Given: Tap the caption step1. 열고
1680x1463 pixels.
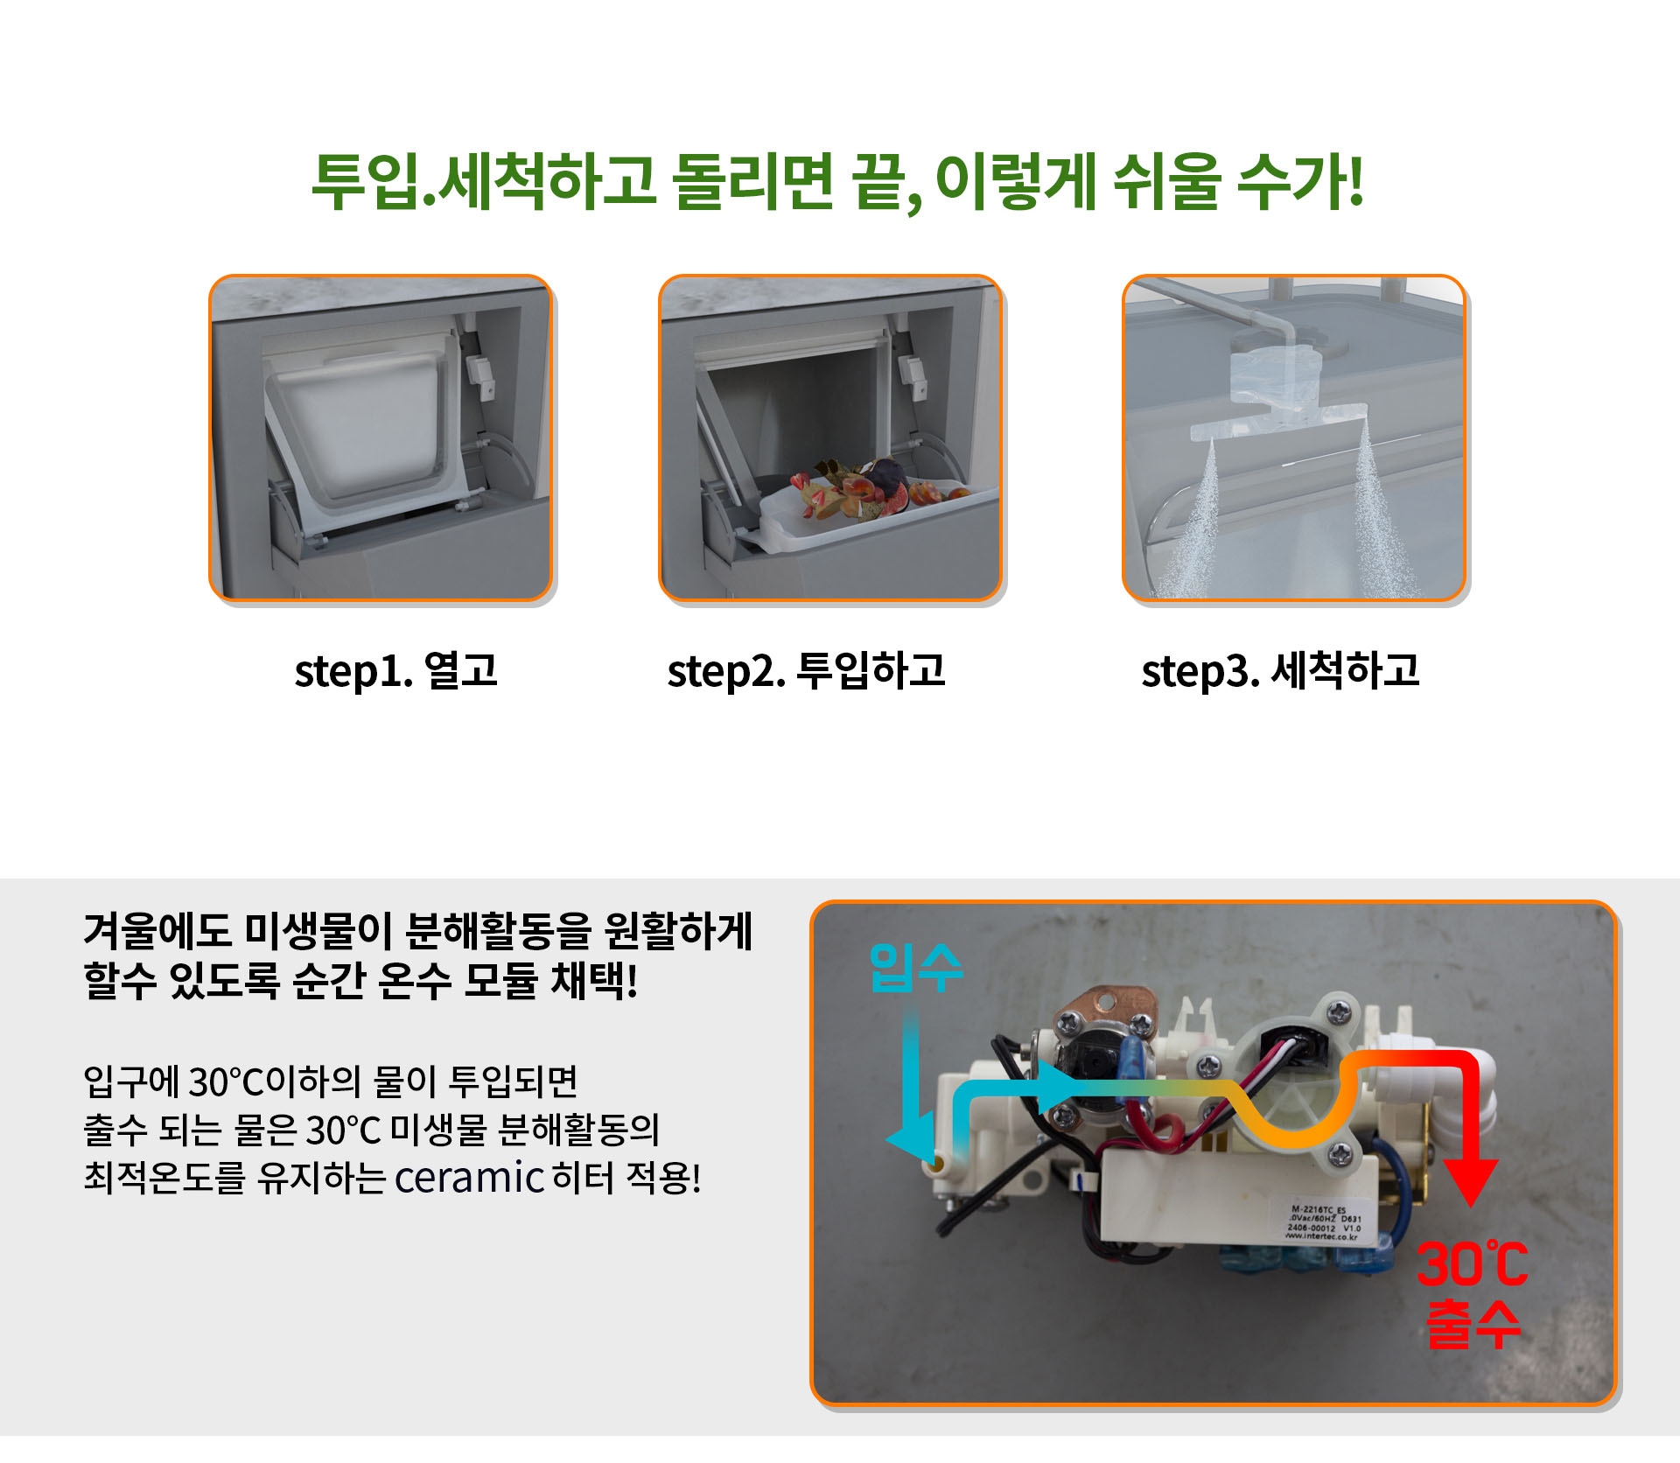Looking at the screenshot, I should click(395, 671).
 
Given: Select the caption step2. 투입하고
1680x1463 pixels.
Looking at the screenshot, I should click(806, 671).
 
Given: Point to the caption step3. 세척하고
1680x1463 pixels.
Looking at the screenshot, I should click(1280, 671).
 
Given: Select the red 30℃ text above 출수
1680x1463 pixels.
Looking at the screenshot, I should click(1472, 1265).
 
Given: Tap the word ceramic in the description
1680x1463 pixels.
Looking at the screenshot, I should click(469, 1178).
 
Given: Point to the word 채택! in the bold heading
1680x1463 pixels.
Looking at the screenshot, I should click(594, 980).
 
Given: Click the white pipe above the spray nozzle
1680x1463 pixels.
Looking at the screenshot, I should click(1207, 306).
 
